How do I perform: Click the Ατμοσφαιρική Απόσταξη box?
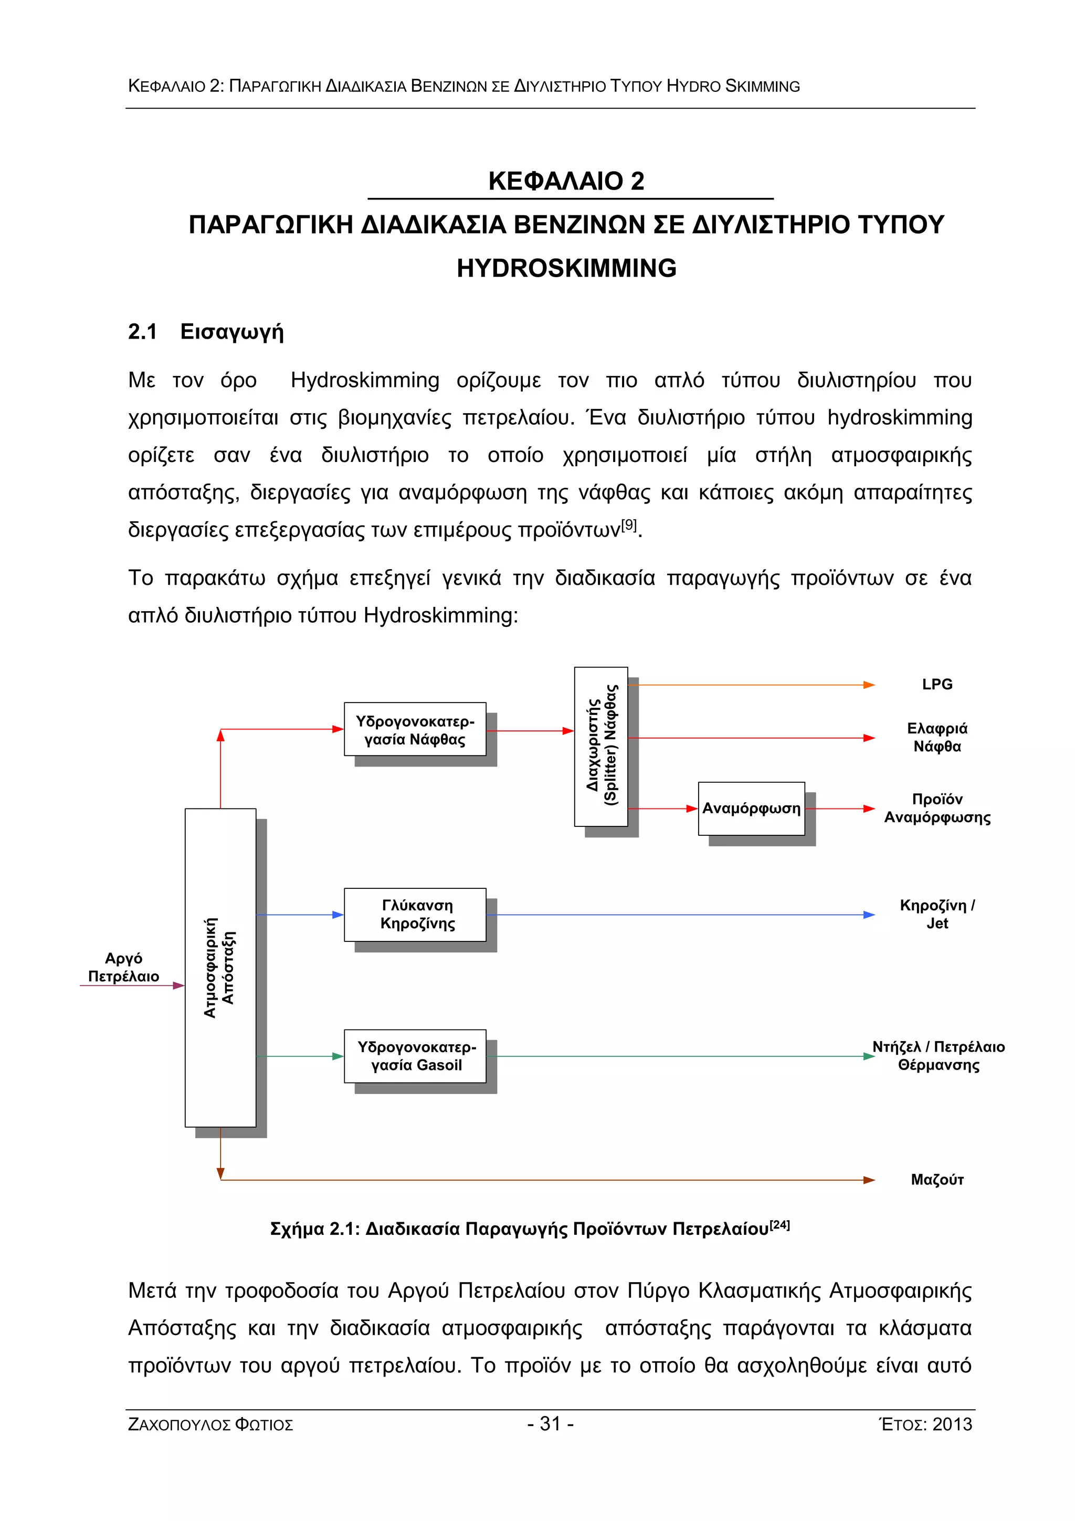coord(220,967)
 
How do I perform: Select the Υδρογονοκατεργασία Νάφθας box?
coord(415,729)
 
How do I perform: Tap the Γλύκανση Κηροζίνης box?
coord(415,914)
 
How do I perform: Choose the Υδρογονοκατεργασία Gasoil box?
coord(415,1056)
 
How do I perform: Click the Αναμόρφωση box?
coord(751,808)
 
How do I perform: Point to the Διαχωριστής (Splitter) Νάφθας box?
coord(601,747)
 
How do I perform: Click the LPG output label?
coord(936,684)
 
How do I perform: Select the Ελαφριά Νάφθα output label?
coord(936,737)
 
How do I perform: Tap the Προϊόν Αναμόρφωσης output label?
coord(936,808)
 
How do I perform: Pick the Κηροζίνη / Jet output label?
coord(936,914)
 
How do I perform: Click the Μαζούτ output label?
coord(936,1180)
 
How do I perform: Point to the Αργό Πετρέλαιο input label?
coord(124,967)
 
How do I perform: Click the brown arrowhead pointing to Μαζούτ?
coord(868,1180)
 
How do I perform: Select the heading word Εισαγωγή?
coord(232,332)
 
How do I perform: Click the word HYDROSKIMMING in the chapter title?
coord(566,268)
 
